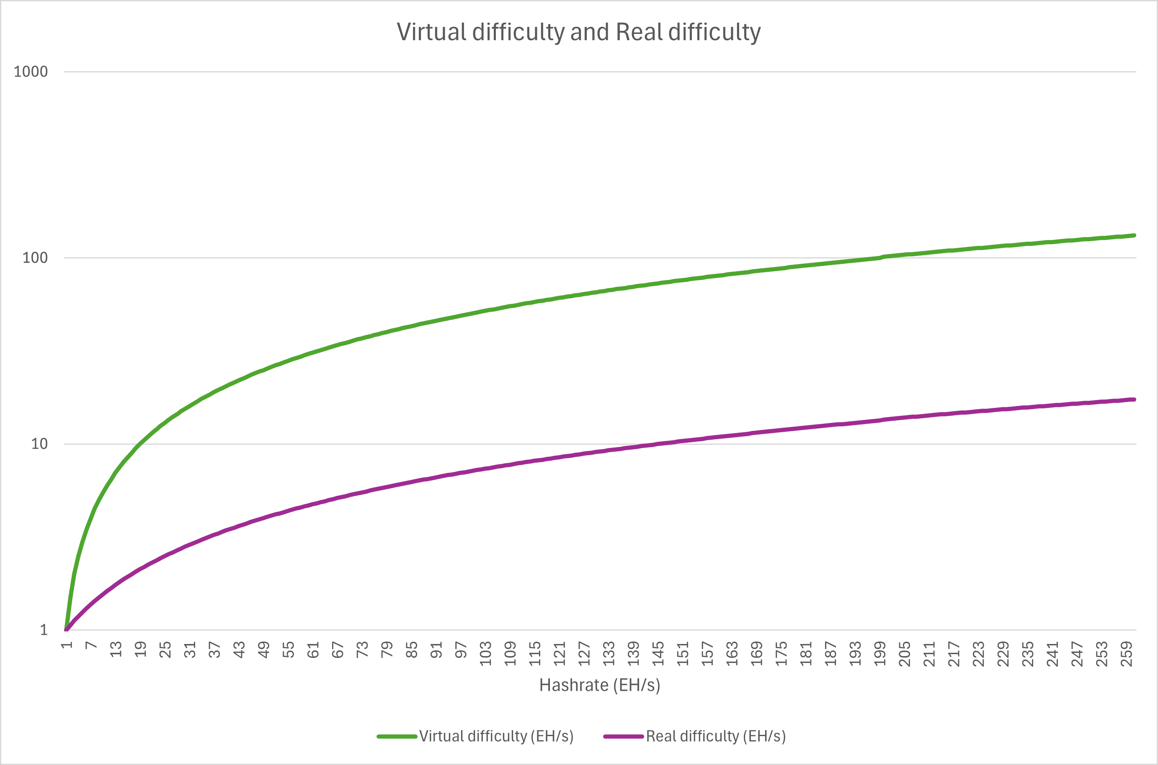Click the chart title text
(578, 32)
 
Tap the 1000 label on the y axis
(31, 72)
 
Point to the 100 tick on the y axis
(35, 258)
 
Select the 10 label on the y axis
(39, 444)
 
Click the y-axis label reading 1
(44, 630)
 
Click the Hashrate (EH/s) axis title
(599, 685)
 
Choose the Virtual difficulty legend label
(496, 736)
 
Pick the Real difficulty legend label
(716, 736)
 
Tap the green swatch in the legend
(397, 737)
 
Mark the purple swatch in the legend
(624, 737)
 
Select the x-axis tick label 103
(485, 654)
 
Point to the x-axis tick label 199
(880, 654)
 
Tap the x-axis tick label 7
(91, 646)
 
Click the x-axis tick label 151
(683, 654)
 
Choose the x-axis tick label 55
(289, 650)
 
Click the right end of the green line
(1134, 236)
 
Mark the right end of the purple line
(1134, 399)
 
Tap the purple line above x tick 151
(683, 441)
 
